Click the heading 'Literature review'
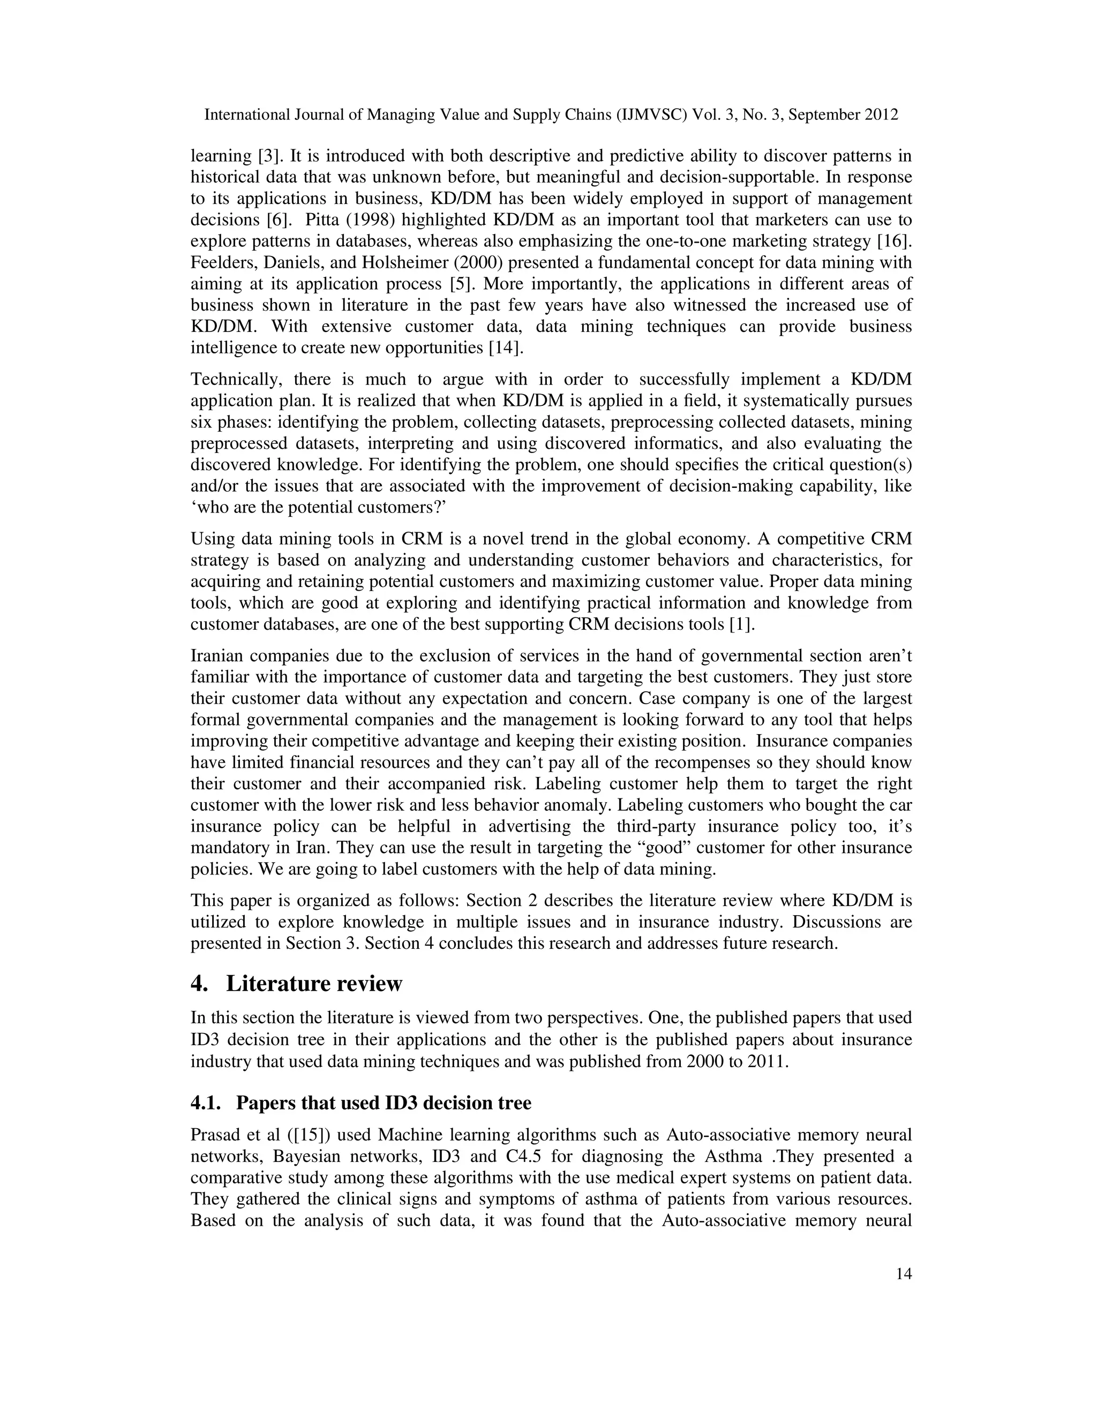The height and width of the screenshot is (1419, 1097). click(x=314, y=984)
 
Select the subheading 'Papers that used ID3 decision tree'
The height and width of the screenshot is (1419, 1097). click(x=384, y=1103)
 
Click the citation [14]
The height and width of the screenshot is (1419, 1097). click(x=506, y=348)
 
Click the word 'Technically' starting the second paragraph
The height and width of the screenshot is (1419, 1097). click(x=235, y=380)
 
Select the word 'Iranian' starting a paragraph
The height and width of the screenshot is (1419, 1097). click(x=217, y=656)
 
